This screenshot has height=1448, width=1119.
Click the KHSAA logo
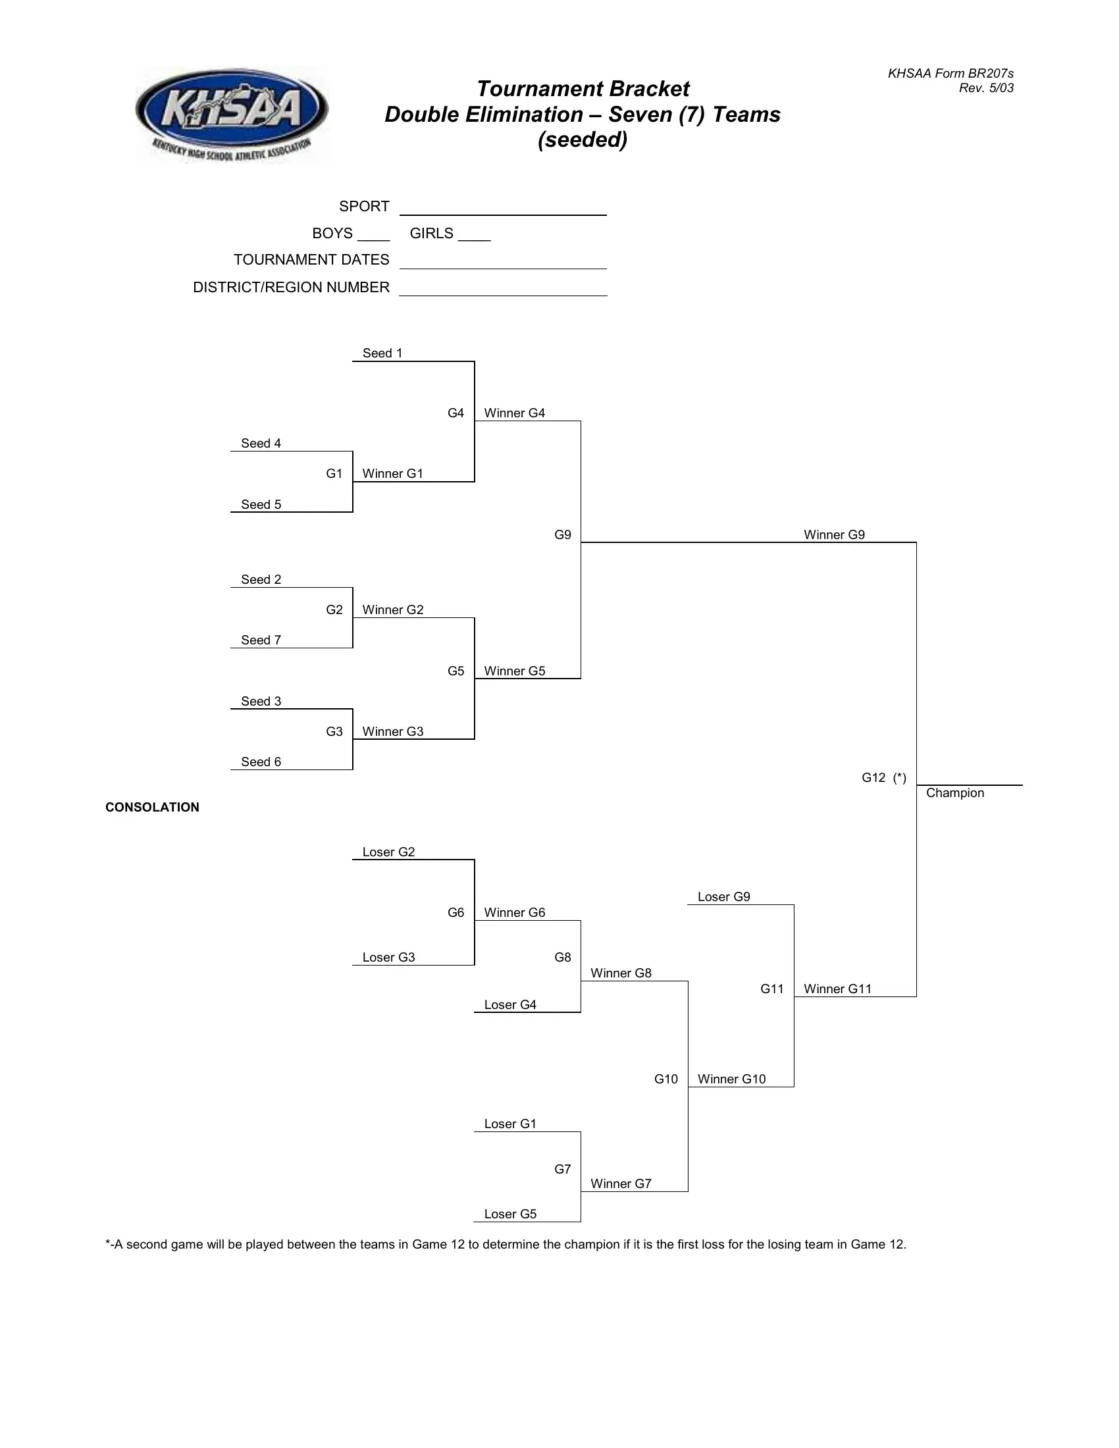231,114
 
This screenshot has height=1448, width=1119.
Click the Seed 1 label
382,353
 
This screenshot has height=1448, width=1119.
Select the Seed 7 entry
261,640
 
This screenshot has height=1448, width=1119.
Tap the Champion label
954,793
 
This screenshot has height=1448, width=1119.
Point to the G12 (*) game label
883,778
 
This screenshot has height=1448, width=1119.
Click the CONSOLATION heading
152,808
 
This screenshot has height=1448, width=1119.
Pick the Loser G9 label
723,897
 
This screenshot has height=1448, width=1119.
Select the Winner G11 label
837,989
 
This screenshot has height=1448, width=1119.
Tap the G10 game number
665,1079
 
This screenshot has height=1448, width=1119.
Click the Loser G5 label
509,1214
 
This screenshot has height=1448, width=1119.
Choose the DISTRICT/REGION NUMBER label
291,288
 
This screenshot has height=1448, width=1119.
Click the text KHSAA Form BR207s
950,74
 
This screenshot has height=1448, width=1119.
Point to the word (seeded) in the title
582,140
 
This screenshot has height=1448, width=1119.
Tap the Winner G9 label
834,535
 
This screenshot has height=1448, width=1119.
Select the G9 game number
562,535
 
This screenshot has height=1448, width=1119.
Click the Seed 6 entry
261,762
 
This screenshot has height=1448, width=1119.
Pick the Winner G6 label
515,913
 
